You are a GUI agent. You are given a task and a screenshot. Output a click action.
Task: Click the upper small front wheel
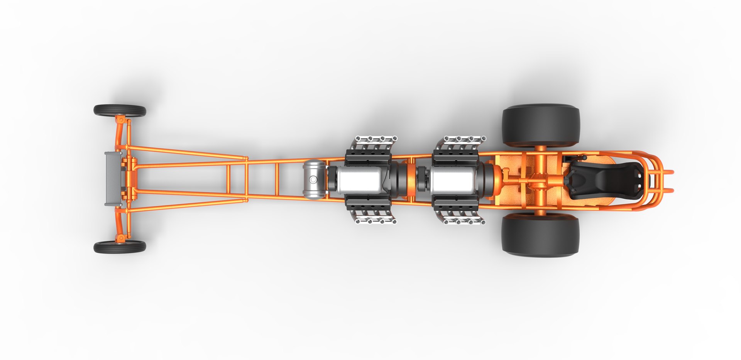[120, 111]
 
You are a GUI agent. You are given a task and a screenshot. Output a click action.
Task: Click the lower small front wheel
[120, 247]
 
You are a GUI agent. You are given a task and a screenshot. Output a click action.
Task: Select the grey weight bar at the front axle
[112, 179]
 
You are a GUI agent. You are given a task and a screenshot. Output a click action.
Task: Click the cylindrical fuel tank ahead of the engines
[314, 179]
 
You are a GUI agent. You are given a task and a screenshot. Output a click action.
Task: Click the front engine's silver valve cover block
[359, 179]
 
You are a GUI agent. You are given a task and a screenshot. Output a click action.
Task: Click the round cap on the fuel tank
[313, 180]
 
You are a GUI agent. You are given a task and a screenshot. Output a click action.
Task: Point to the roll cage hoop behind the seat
[652, 180]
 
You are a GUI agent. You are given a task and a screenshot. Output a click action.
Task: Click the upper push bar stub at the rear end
[668, 171]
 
